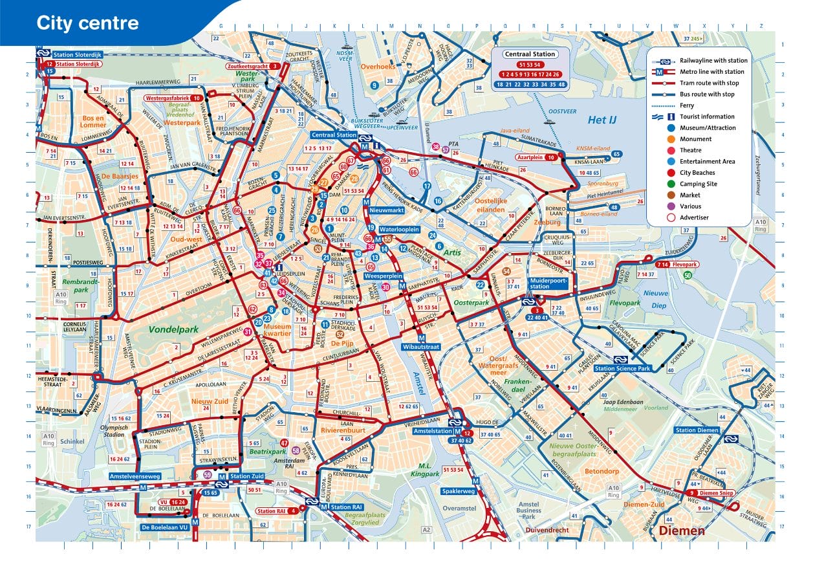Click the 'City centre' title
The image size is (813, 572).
87,23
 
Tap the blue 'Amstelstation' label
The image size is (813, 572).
431,431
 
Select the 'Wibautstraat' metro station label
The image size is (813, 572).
421,347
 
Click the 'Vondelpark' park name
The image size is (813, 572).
173,329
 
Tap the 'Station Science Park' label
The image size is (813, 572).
622,369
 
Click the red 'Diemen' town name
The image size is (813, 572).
682,531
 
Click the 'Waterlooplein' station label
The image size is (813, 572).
399,230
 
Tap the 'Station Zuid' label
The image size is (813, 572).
247,476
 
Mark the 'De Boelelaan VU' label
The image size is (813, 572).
165,527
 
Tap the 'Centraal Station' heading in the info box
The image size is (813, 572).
529,54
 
